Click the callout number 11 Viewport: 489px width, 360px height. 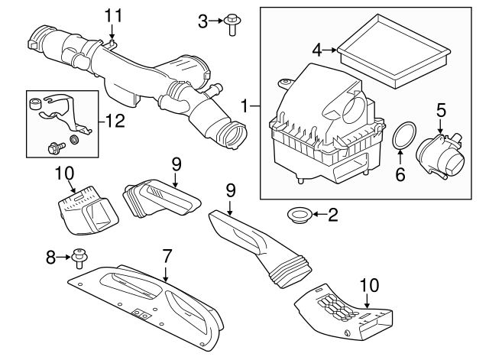113,15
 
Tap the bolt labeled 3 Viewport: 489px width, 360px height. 232,24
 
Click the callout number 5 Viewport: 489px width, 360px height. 441,110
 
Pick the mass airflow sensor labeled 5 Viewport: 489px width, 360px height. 441,156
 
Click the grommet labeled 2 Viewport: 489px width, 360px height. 300,216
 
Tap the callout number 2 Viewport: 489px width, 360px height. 333,215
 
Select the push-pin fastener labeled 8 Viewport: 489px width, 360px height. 79,258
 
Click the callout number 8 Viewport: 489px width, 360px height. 50,258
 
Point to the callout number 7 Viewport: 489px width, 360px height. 167,256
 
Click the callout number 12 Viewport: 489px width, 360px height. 115,121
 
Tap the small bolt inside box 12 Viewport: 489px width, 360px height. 56,147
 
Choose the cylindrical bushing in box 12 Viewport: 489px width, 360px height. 34,103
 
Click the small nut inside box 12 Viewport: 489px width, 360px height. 74,139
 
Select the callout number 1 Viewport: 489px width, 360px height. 245,106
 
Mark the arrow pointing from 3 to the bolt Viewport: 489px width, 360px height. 215,21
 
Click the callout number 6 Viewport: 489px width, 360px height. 400,174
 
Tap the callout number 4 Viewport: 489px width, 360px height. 317,50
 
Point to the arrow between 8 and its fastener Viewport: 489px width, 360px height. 64,257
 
